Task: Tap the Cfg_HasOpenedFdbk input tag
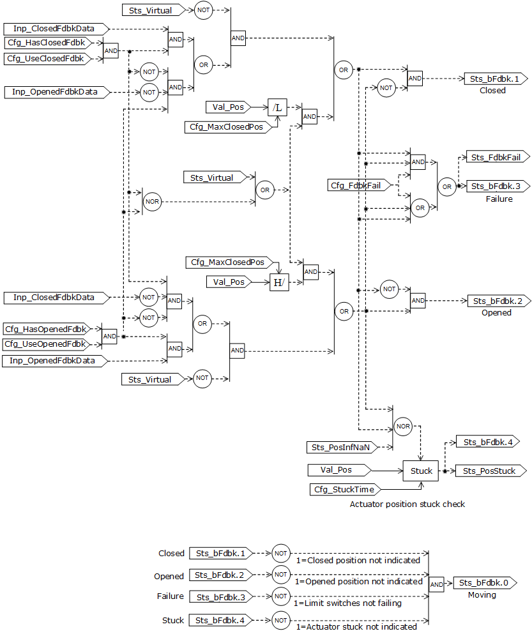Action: click(45, 329)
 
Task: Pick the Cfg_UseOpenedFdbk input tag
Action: click(45, 344)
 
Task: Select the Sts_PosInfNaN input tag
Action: click(341, 447)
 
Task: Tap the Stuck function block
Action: click(421, 471)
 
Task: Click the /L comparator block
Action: click(277, 108)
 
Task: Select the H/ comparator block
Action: click(279, 282)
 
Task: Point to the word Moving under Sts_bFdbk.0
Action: click(482, 594)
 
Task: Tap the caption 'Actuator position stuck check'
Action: click(407, 504)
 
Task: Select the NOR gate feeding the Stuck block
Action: click(402, 426)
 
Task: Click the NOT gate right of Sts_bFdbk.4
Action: click(280, 619)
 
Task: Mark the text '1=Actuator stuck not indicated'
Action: click(356, 626)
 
